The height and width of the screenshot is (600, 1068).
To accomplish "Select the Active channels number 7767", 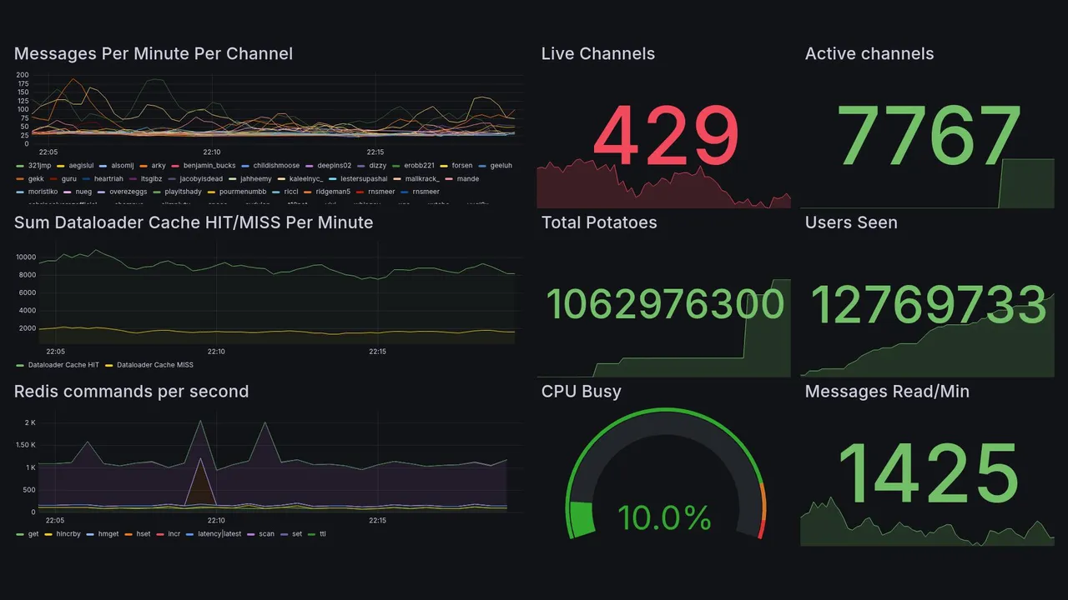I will point(929,136).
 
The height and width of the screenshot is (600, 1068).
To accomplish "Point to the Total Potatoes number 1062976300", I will point(665,304).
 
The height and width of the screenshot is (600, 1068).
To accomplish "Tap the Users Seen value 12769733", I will point(929,304).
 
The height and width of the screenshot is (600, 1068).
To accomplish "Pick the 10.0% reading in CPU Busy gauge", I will point(664,518).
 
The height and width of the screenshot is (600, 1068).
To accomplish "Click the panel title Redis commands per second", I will point(131,392).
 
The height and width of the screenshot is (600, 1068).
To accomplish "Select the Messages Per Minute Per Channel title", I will point(154,54).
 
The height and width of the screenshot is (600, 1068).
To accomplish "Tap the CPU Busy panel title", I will point(581,392).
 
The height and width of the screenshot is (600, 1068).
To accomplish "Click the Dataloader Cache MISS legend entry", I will point(154,365).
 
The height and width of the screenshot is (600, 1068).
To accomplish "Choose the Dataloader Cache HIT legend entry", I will point(63,365).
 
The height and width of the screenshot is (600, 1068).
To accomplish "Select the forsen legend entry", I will point(461,166).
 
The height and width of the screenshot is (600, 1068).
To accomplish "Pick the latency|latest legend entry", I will point(219,534).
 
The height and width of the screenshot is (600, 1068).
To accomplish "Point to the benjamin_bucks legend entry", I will point(209,166).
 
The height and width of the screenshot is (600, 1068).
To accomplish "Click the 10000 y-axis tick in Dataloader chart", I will point(26,257).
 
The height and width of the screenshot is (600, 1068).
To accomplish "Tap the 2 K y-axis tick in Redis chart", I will point(29,423).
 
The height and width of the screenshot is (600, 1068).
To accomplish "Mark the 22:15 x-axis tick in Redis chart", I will point(376,521).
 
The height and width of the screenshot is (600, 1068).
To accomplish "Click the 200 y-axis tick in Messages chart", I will point(23,75).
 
